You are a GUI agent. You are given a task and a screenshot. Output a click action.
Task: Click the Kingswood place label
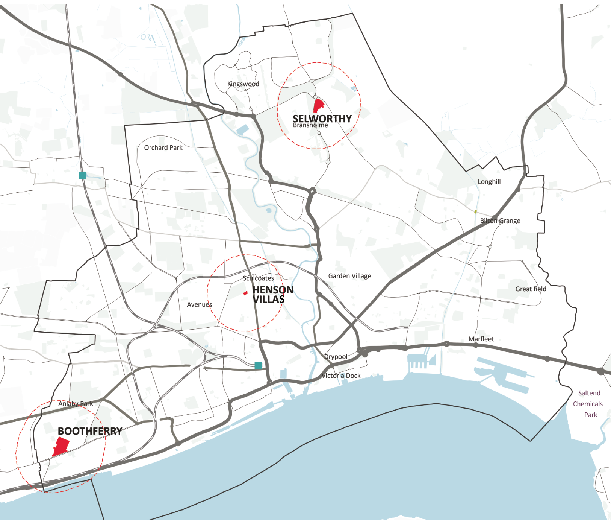point(243,84)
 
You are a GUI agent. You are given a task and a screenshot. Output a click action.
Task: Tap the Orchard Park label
point(163,148)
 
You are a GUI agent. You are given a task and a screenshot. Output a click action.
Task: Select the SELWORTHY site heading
point(322,119)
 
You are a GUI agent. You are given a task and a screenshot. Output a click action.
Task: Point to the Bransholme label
point(310,125)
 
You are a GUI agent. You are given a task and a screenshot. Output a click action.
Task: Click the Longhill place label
point(489,182)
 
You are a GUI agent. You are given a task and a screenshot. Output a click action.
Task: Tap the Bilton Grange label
point(500,221)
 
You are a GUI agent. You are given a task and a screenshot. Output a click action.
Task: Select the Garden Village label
point(349,276)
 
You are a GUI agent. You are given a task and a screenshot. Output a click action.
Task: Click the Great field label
point(531,289)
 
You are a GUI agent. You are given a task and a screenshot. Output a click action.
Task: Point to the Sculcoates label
point(258,278)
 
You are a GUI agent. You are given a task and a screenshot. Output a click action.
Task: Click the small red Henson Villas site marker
point(245,293)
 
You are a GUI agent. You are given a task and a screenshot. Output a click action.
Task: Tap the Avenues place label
point(199,304)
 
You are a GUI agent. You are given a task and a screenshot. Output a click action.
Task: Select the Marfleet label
point(481,339)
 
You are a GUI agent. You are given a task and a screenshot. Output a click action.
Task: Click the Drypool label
point(336,357)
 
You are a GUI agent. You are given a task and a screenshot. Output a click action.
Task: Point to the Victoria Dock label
point(341,376)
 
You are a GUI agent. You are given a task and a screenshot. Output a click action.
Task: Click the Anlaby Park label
point(76,404)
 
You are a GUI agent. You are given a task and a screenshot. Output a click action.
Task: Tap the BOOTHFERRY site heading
point(90,431)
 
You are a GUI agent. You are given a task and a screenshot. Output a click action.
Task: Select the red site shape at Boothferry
point(61,446)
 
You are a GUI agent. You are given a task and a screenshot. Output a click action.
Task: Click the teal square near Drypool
point(258,365)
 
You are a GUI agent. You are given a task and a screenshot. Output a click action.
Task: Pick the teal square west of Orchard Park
point(83,175)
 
